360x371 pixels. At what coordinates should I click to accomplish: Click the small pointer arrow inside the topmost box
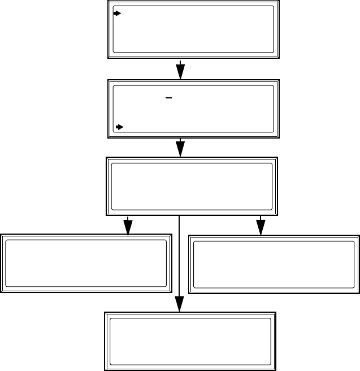click(x=118, y=13)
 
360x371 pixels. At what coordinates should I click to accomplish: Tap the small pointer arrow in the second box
click(x=119, y=127)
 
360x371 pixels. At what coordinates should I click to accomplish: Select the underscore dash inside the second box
click(x=168, y=97)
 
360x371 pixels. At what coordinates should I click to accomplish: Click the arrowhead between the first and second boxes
click(x=180, y=71)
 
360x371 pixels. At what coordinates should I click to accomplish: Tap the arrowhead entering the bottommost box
click(x=179, y=304)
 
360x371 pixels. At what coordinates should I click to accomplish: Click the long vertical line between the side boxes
click(x=179, y=260)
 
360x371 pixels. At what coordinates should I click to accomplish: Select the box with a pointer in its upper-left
click(x=194, y=29)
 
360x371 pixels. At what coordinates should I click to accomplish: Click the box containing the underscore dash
click(x=194, y=109)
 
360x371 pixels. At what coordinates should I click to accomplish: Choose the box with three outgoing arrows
click(x=192, y=187)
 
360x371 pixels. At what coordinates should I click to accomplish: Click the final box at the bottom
click(x=191, y=340)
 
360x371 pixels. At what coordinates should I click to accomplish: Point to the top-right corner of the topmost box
click(x=279, y=1)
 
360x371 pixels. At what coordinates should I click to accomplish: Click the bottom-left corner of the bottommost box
click(x=104, y=369)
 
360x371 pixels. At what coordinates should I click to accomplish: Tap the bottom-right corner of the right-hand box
click(x=359, y=293)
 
